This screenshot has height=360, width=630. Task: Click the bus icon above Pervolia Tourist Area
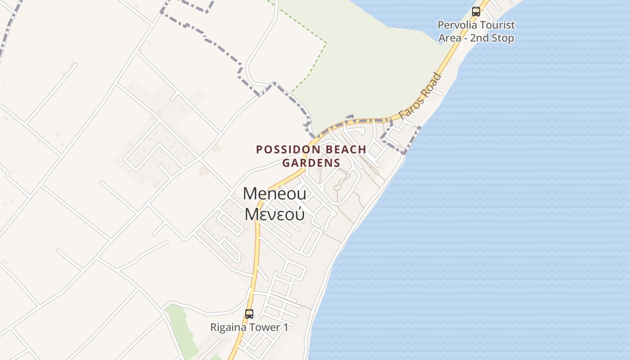pyautogui.click(x=476, y=12)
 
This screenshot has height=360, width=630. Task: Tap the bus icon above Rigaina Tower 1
pyautogui.click(x=249, y=314)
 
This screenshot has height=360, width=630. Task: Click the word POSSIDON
pyautogui.click(x=288, y=149)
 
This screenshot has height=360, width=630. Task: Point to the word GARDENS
pyautogui.click(x=311, y=163)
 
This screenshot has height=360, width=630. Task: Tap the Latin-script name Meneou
pyautogui.click(x=274, y=194)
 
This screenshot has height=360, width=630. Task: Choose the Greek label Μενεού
pyautogui.click(x=274, y=214)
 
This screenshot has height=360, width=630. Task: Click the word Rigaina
pyautogui.click(x=229, y=327)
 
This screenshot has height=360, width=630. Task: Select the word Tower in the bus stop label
pyautogui.click(x=265, y=327)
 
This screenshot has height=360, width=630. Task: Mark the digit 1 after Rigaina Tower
pyautogui.click(x=285, y=327)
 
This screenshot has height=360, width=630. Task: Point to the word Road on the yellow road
pyautogui.click(x=432, y=85)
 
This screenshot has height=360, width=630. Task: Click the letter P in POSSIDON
pyautogui.click(x=259, y=149)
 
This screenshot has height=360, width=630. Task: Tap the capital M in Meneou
pyautogui.click(x=250, y=194)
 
